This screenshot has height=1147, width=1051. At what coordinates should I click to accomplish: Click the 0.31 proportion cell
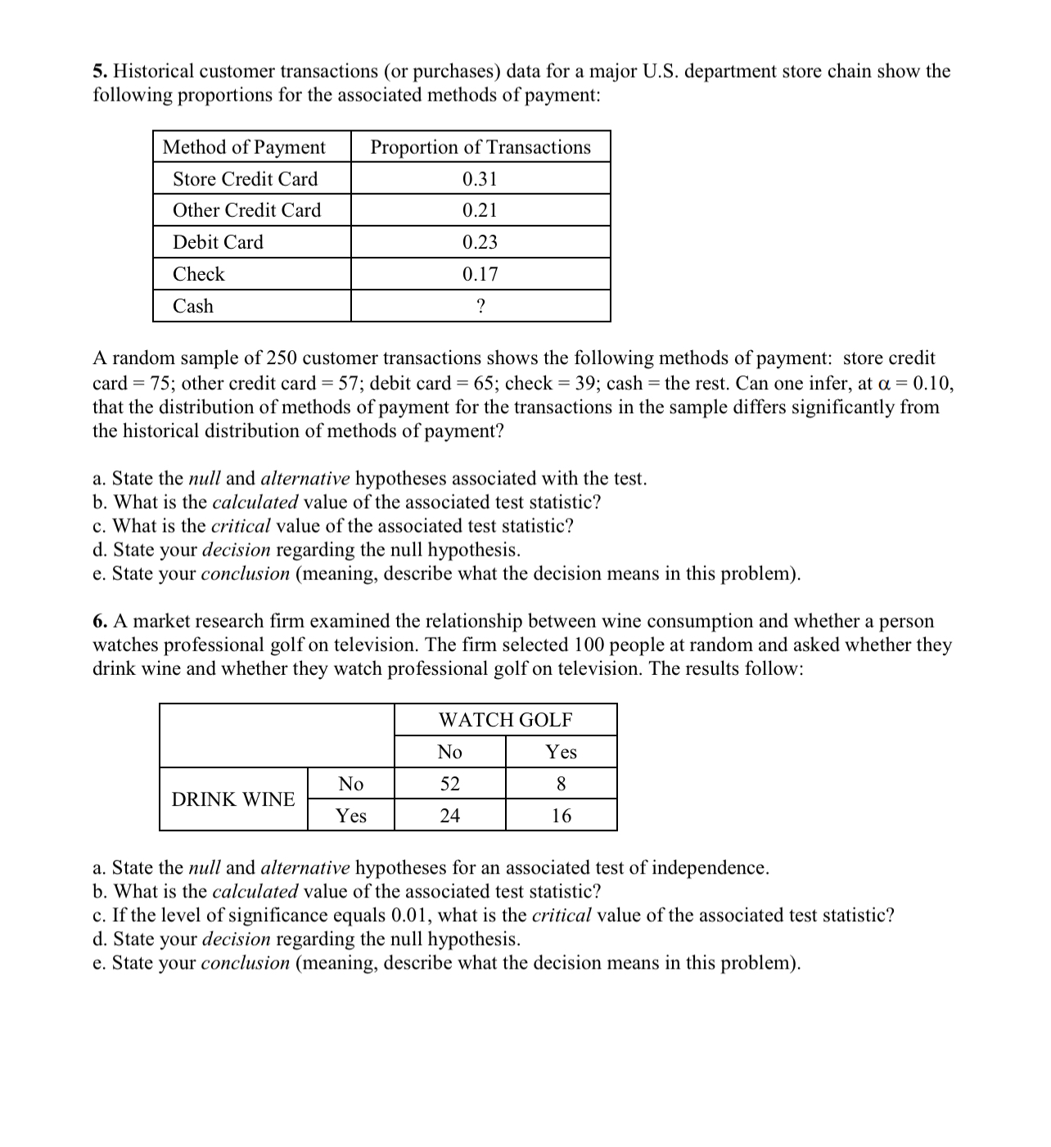tap(480, 178)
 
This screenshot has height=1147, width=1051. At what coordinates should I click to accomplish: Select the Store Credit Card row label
tap(245, 178)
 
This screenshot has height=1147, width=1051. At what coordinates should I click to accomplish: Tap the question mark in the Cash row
tap(480, 306)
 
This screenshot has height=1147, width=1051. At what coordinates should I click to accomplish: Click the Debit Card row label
tap(218, 242)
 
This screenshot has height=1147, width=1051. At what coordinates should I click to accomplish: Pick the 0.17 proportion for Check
tap(480, 274)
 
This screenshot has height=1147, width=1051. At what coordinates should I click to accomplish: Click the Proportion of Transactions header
tap(480, 147)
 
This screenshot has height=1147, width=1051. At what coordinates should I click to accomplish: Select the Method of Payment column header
tap(244, 147)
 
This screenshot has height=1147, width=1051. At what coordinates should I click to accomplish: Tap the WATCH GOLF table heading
tap(505, 720)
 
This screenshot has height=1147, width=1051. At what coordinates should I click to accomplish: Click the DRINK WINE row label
tap(233, 799)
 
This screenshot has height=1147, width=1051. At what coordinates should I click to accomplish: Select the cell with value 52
tap(450, 784)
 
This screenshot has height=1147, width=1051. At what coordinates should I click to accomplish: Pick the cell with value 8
tap(561, 784)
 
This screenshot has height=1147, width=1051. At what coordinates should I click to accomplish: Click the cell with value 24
tap(450, 816)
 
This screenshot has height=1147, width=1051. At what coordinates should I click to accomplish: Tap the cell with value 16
tap(561, 816)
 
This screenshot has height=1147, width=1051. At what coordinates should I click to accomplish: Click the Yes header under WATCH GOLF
tap(562, 752)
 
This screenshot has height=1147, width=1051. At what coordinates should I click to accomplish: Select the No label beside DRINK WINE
tap(351, 784)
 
